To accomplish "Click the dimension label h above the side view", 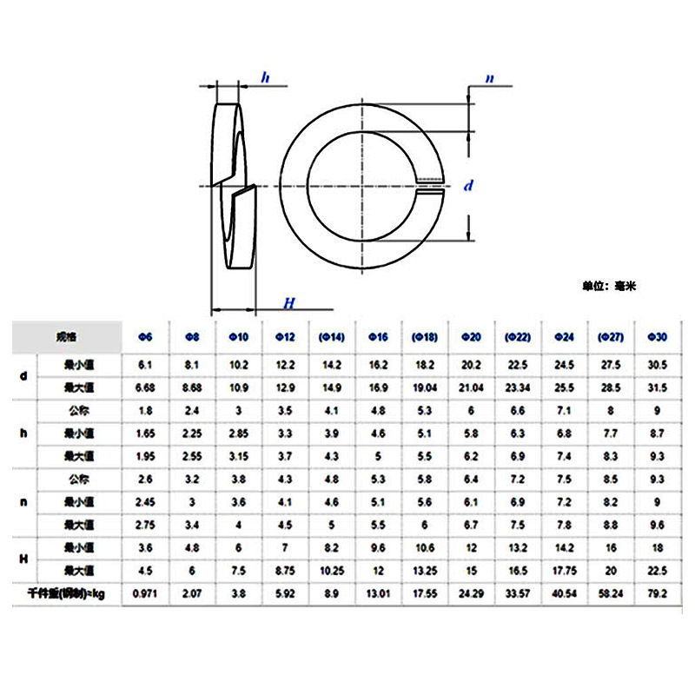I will point(266,79).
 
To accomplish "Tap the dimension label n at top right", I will point(489,79).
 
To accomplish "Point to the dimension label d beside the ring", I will point(469,186).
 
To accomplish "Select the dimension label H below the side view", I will point(289,302).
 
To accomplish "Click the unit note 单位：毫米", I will point(610,285).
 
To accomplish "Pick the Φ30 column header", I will point(658,337).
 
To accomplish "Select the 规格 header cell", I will point(66,335).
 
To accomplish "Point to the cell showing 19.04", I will point(426,387).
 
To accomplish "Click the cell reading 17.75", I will point(565,570).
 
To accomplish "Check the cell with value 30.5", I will point(658,366).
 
